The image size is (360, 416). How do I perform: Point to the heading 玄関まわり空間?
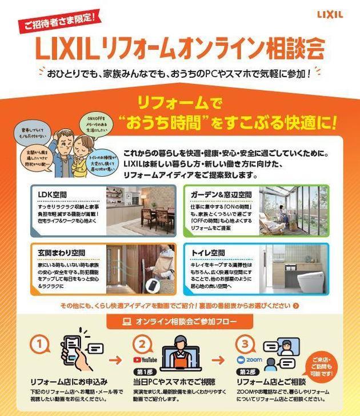(63, 252)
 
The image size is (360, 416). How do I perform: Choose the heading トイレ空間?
(209, 253)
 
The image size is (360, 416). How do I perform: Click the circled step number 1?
(38, 344)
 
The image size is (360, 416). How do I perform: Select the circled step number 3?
(245, 344)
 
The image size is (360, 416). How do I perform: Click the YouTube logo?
(145, 361)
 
